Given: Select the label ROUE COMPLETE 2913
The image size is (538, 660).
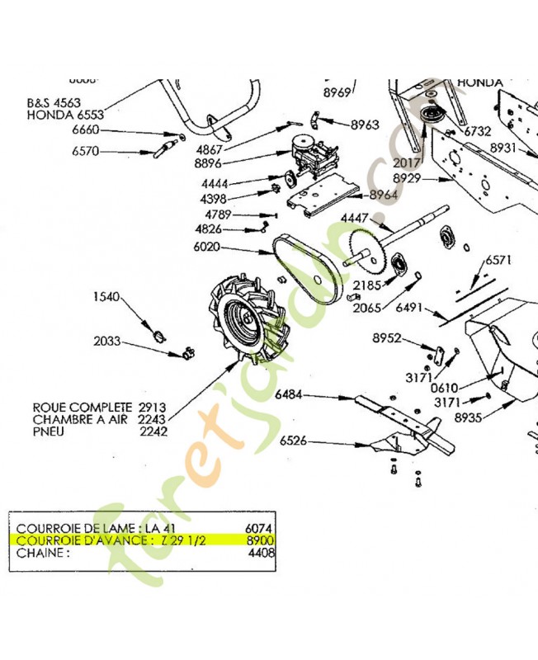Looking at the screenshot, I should pos(99,408).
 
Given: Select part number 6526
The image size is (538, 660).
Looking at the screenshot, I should pos(294,441).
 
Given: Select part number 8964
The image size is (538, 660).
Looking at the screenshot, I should pos(384,195).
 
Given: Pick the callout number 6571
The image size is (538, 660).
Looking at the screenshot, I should pos(498,259).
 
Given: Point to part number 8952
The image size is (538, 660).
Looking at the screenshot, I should pos(386,338).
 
